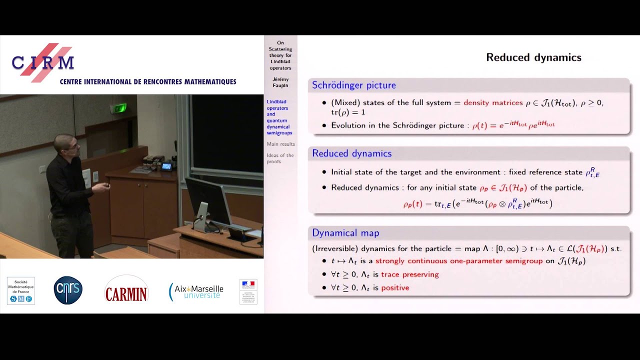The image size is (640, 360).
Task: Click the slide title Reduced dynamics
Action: [x=533, y=57]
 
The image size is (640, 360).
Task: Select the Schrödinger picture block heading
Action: [x=353, y=85]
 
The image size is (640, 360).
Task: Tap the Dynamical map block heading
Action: [x=345, y=233]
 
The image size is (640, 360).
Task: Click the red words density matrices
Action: [x=493, y=102]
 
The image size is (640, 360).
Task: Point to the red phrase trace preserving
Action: [x=409, y=274]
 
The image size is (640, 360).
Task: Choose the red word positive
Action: [x=395, y=288]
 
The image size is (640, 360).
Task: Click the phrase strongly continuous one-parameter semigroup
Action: [x=458, y=261]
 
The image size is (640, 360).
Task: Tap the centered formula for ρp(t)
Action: [x=477, y=203]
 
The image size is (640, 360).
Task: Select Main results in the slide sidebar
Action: [x=280, y=144]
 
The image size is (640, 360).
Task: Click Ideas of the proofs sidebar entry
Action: [x=280, y=158]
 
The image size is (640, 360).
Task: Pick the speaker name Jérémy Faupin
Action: [x=280, y=82]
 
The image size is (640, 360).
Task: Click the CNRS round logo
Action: [x=68, y=290]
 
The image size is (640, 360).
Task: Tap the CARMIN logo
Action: [x=126, y=290]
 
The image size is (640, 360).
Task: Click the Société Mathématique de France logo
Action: [x=21, y=290]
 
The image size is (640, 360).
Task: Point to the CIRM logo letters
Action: [x=43, y=62]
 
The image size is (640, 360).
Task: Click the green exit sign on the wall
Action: [x=118, y=108]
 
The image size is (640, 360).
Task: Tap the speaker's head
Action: [x=67, y=144]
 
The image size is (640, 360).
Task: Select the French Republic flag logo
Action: [x=248, y=291]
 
